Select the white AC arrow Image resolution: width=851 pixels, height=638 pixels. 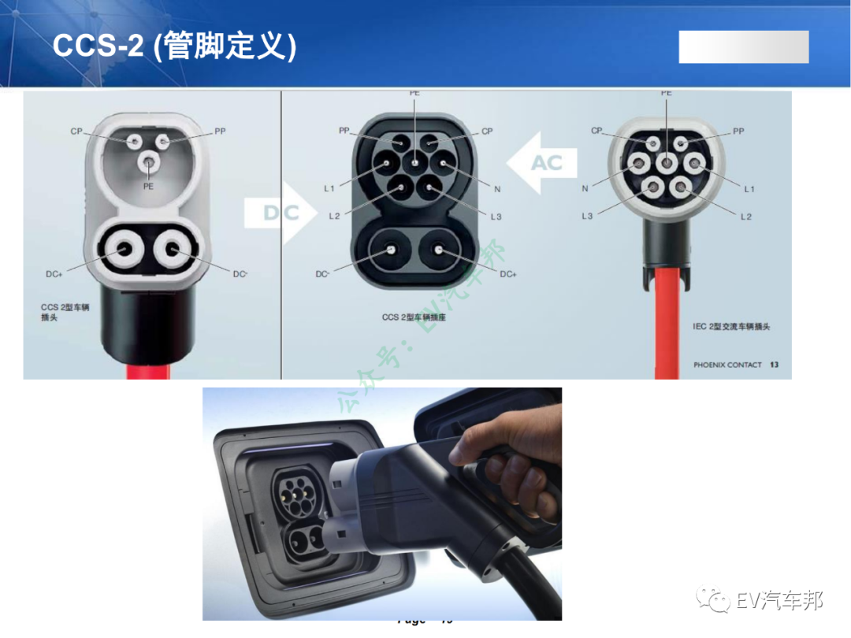coord(544,163)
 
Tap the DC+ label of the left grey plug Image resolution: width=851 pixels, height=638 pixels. coord(54,274)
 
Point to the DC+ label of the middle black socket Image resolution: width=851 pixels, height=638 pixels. coord(508,274)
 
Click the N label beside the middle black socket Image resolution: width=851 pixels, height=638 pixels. coord(497,189)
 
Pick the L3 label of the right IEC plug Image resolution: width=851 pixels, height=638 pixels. coord(587,216)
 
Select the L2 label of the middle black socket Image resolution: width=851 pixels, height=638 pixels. coord(334,216)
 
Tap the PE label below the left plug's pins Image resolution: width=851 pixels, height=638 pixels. coord(148,186)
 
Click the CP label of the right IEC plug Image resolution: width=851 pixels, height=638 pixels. coord(596,131)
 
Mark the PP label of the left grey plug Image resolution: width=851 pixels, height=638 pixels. coord(220,132)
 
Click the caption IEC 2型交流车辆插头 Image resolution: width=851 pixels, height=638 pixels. coord(730,326)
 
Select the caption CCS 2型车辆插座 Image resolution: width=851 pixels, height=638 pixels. coord(414,317)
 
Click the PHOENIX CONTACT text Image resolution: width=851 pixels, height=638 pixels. coord(727,365)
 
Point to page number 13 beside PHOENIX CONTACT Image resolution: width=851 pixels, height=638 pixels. coord(774,365)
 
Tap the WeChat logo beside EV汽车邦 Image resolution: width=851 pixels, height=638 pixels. coord(717,602)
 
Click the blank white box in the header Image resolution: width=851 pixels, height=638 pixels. coord(744,47)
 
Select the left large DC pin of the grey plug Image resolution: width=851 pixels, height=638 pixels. coord(125,250)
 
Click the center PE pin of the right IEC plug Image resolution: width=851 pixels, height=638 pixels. coord(667,164)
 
